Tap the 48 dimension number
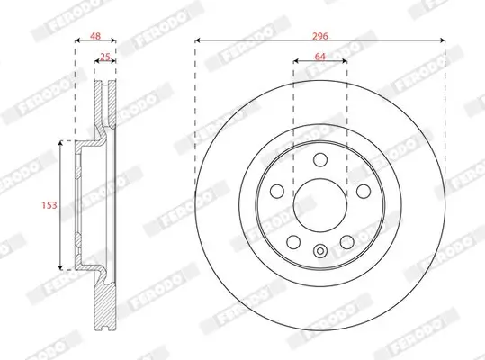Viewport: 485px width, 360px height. click(93, 37)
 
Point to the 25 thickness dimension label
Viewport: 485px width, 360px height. click(105, 58)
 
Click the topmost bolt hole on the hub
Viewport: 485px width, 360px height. click(320, 161)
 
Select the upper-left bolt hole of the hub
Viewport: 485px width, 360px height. click(278, 192)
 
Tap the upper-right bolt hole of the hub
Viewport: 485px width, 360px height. click(363, 192)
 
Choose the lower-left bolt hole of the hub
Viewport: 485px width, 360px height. click(294, 241)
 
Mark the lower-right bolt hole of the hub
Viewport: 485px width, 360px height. click(346, 241)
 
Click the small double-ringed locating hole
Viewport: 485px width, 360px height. click(320, 251)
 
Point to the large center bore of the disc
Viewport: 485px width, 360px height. click(320, 206)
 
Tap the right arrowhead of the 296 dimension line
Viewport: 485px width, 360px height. click(443, 42)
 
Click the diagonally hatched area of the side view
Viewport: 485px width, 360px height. click(106, 306)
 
